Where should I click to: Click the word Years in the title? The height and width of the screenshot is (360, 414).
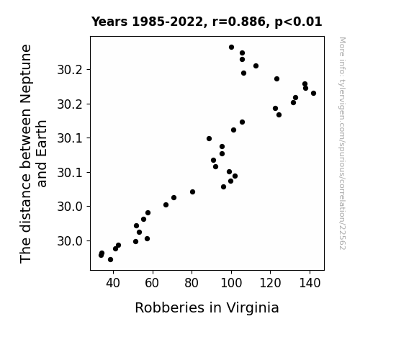pyautogui.click(x=109, y=22)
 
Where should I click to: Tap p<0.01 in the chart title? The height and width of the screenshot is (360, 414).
pyautogui.click(x=298, y=22)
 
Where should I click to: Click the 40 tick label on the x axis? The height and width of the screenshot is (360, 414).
pyautogui.click(x=113, y=283)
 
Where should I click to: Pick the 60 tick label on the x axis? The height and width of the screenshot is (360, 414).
pyautogui.click(x=152, y=283)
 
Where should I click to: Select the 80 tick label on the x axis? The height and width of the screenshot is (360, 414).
pyautogui.click(x=192, y=283)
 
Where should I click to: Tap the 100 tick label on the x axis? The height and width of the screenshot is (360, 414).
pyautogui.click(x=231, y=283)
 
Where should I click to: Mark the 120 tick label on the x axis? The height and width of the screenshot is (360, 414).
pyautogui.click(x=271, y=283)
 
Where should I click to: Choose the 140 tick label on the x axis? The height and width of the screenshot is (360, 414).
pyautogui.click(x=310, y=283)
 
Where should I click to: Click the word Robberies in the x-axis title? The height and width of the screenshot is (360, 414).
pyautogui.click(x=169, y=307)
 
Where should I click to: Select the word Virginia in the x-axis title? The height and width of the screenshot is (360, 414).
pyautogui.click(x=253, y=308)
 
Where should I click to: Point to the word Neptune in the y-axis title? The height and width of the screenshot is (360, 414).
pyautogui.click(x=26, y=73)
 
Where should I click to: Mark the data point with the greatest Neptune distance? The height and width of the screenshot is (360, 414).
pyautogui.click(x=232, y=48)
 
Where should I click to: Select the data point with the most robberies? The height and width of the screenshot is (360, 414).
pyautogui.click(x=313, y=93)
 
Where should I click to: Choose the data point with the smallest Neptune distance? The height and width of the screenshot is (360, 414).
pyautogui.click(x=111, y=260)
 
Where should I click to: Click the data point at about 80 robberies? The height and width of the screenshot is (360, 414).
pyautogui.click(x=192, y=192)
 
